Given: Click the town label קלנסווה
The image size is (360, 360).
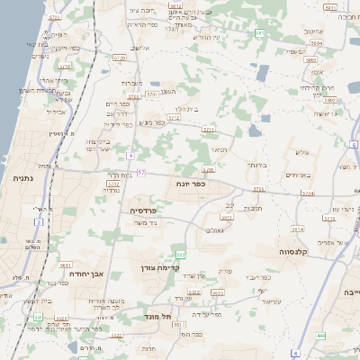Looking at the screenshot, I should click(294, 251).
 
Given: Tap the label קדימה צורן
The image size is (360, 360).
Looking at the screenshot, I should click(161, 267).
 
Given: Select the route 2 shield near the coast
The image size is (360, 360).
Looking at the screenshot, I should click(39, 221).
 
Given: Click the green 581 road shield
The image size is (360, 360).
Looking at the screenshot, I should click(259, 33).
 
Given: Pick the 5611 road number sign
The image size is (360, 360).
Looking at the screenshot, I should click(65, 265).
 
